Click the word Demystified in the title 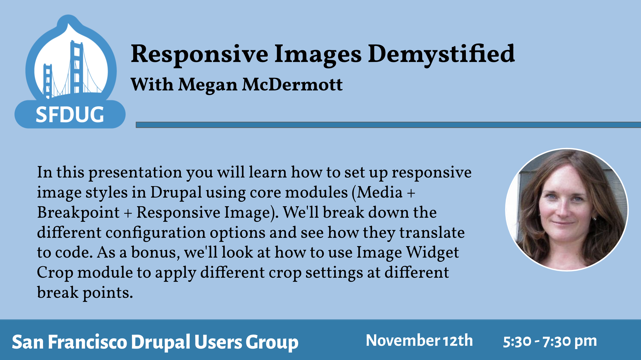441,54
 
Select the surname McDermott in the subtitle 292,85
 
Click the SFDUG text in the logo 70,115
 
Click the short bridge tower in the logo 47,81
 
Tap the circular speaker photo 567,210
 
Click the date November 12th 419,340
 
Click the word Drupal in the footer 161,342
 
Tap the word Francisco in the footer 88,342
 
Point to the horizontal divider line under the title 388,125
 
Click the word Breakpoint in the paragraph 78,213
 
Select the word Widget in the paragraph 432,253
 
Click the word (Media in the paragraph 377,193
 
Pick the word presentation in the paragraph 135,172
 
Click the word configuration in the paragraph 155,233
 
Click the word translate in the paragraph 432,233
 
